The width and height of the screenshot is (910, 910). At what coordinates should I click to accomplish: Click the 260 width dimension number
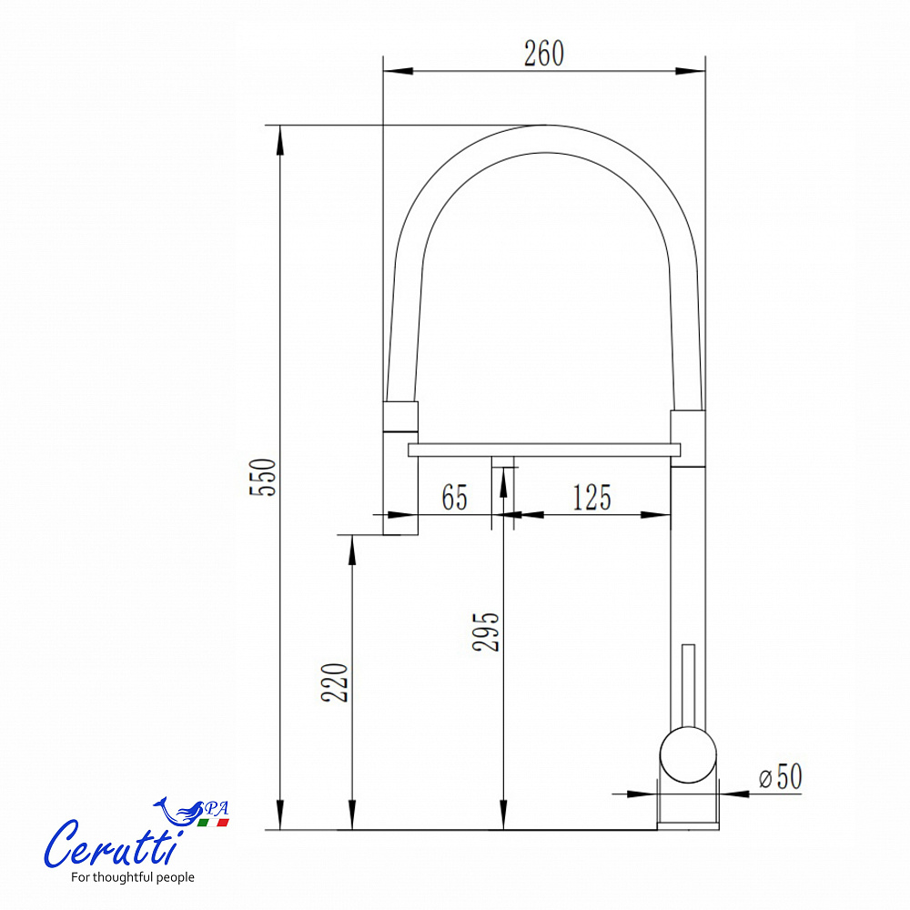pos(544,54)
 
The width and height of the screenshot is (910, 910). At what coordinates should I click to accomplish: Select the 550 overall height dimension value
pos(263,477)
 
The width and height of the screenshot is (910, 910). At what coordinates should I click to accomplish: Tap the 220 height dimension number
pos(335,682)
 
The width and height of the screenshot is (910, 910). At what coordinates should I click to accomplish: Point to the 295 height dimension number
pos(486,632)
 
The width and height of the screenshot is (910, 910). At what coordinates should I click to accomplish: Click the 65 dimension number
pos(454,498)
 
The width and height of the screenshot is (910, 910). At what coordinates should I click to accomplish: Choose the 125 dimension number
pos(592,498)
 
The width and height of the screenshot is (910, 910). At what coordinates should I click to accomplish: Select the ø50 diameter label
pos(781,776)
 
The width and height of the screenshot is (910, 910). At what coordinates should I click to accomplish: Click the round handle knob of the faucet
pos(688,755)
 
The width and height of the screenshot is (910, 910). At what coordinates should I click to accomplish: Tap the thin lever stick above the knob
pos(688,685)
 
